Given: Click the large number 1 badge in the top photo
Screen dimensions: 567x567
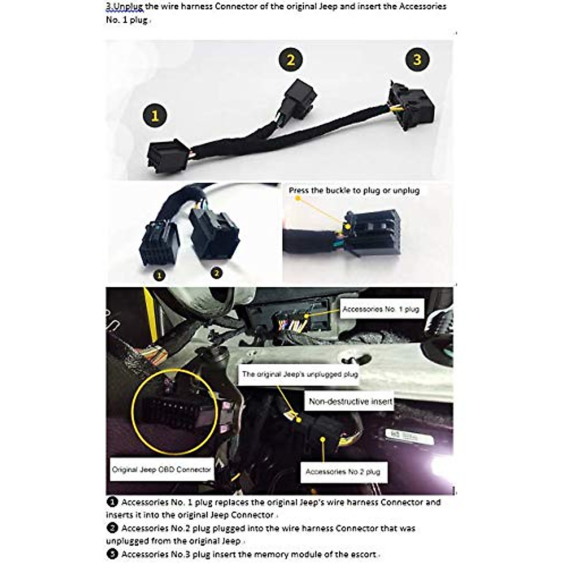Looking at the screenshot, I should click(x=155, y=115).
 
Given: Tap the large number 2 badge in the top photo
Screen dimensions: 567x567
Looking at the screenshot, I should click(x=290, y=60).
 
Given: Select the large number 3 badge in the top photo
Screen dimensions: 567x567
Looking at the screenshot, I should click(x=417, y=60).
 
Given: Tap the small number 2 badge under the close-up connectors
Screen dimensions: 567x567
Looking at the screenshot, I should click(x=216, y=273).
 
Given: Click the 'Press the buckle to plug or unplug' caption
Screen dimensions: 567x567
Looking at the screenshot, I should click(x=354, y=191).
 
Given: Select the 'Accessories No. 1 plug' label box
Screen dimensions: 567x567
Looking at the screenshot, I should click(x=381, y=309).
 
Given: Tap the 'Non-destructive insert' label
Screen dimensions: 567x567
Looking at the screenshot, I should click(x=350, y=402).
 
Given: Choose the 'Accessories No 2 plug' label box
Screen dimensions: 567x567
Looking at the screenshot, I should click(x=343, y=472).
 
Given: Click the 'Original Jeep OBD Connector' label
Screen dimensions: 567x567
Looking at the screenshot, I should click(x=161, y=470).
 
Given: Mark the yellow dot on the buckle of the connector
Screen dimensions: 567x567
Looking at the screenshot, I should click(x=348, y=226).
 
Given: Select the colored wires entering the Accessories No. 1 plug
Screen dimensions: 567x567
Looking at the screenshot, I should click(x=293, y=325).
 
